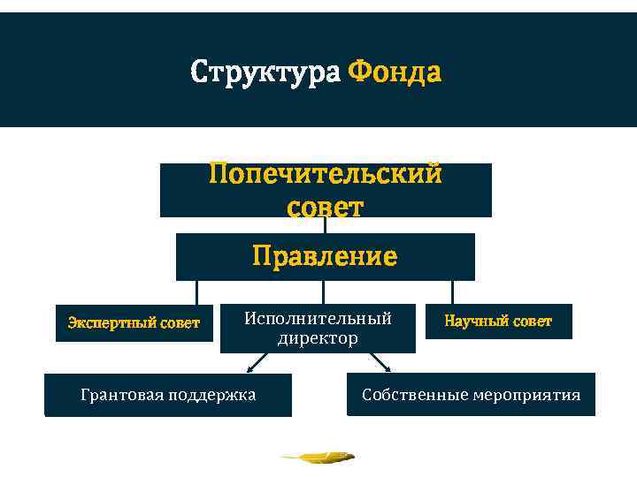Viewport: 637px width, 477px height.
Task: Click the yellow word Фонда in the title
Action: pyautogui.click(x=395, y=71)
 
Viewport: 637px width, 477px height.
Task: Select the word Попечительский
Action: pyautogui.click(x=325, y=174)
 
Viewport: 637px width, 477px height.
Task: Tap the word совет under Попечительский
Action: pyautogui.click(x=325, y=207)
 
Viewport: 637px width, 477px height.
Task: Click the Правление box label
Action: pyautogui.click(x=325, y=256)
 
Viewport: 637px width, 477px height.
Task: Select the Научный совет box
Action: pyautogui.click(x=497, y=322)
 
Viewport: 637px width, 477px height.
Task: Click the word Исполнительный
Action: pyautogui.click(x=318, y=317)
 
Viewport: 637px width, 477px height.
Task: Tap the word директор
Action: pyautogui.click(x=318, y=338)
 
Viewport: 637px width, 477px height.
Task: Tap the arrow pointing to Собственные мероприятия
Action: pyautogui.click(x=380, y=362)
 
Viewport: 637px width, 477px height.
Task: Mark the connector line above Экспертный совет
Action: pyautogui.click(x=196, y=292)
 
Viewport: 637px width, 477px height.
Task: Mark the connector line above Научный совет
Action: pyautogui.click(x=452, y=292)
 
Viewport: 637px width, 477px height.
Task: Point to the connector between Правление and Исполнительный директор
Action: pyautogui.click(x=323, y=292)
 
